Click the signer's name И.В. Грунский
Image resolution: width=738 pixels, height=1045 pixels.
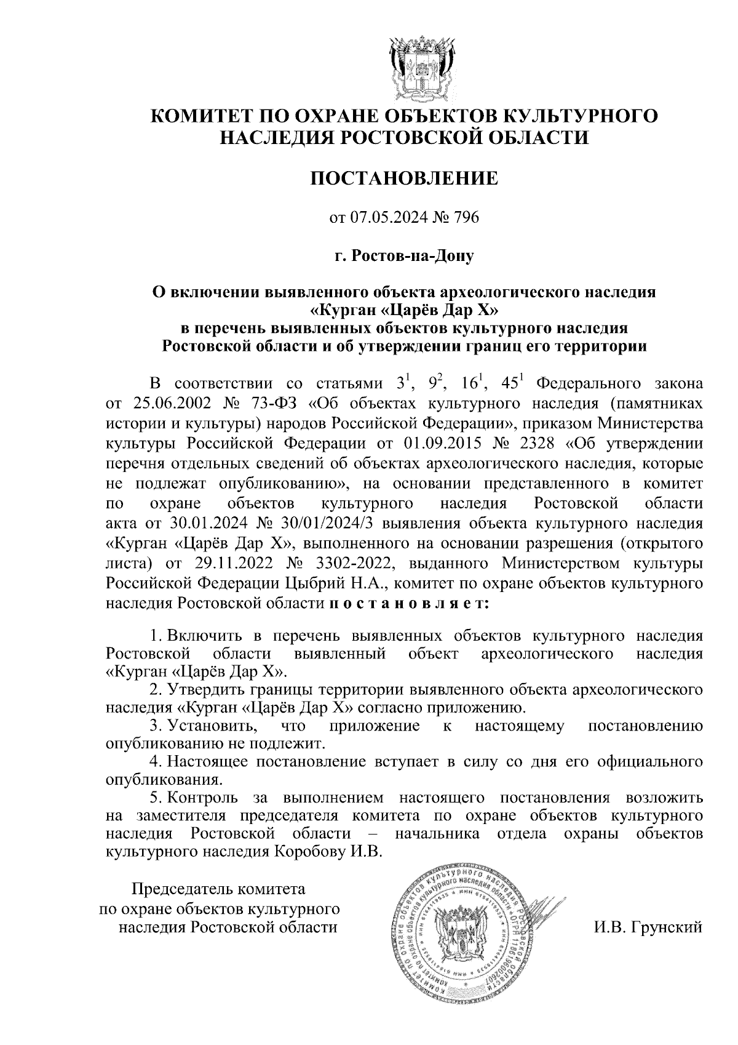648,927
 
